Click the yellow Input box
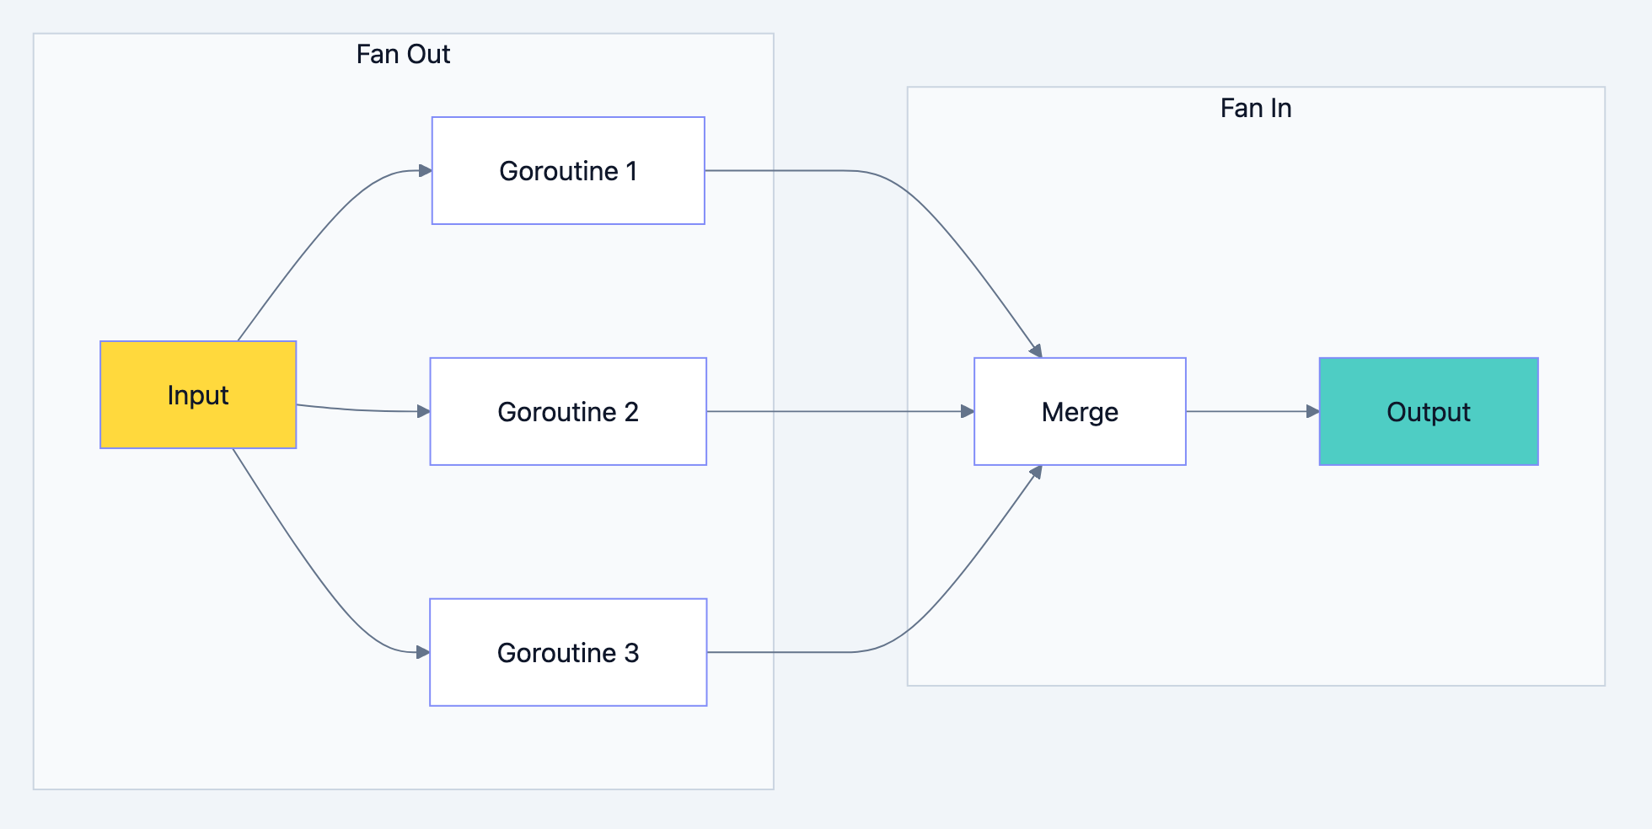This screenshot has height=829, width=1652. tap(198, 394)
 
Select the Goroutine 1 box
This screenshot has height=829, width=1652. tap(568, 170)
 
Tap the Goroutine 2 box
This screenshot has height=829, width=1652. tap(568, 411)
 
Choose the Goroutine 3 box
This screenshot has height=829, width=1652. tap(568, 652)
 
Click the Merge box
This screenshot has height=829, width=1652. tap(1080, 411)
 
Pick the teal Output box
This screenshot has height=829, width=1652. tap(1429, 411)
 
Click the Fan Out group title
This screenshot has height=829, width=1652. tap(403, 55)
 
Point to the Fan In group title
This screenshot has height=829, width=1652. tap(1256, 109)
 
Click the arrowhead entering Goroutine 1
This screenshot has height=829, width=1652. tap(426, 171)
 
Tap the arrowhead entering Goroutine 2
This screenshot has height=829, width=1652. tap(424, 411)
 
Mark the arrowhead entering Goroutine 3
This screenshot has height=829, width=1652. tap(424, 652)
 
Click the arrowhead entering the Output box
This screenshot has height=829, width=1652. tap(1313, 411)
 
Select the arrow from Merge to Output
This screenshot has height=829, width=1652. tap(1247, 411)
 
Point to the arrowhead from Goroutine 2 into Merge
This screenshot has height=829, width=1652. tap(968, 411)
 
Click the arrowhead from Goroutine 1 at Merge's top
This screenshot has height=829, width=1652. tap(1037, 350)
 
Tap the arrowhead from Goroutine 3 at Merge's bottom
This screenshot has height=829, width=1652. tap(1037, 473)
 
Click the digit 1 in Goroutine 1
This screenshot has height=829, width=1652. tap(631, 171)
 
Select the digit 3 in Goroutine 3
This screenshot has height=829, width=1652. tap(631, 653)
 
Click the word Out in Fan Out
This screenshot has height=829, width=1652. tap(428, 55)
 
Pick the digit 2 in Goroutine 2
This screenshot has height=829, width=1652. tap(631, 412)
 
